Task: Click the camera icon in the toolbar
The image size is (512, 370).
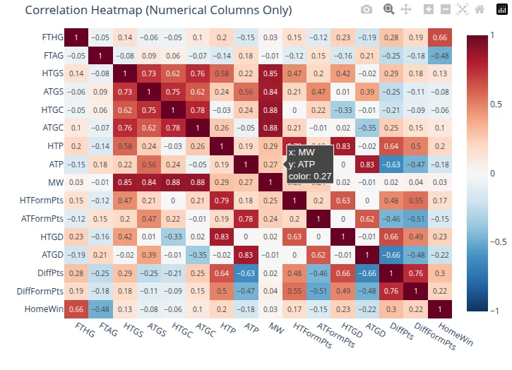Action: [x=366, y=9]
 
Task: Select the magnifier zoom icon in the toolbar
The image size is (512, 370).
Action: [x=388, y=9]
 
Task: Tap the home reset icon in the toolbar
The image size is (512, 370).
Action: [x=480, y=9]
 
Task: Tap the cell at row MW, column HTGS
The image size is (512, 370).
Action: [x=125, y=182]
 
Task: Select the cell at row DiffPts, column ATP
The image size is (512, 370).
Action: [x=246, y=273]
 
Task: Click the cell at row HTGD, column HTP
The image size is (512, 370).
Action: [x=222, y=237]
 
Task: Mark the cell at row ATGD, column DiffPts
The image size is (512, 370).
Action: [x=391, y=255]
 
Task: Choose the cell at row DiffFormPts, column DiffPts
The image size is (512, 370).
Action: [x=391, y=291]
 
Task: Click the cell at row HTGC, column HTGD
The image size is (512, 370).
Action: [x=343, y=109]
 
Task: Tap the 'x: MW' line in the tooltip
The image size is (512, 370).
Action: [x=302, y=151]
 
